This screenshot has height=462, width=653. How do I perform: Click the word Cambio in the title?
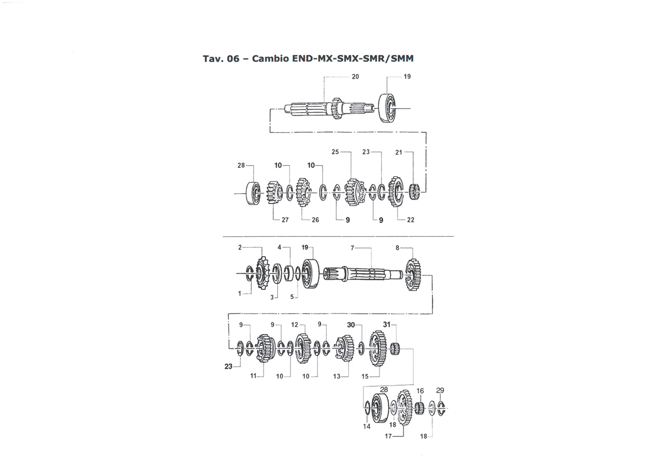(270, 58)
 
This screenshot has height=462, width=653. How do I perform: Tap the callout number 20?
(355, 77)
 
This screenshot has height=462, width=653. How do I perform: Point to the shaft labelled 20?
(329, 108)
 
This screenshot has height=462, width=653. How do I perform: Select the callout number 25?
(335, 152)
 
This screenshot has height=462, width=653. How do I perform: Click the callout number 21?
(399, 152)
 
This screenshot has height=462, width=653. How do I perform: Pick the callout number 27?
(285, 220)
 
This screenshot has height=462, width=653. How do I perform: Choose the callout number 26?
(315, 220)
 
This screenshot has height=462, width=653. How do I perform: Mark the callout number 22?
(410, 220)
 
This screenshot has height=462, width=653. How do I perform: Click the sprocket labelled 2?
(262, 273)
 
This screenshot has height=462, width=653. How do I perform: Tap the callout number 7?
(352, 248)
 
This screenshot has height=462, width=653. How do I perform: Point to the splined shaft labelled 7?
(363, 274)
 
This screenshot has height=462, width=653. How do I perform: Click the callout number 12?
(295, 325)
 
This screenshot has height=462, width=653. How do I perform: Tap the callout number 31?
(387, 324)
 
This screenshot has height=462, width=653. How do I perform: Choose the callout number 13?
(337, 376)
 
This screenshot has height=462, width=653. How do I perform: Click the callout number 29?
(440, 390)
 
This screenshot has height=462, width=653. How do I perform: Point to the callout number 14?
(367, 426)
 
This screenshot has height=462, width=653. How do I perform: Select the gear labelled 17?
(405, 408)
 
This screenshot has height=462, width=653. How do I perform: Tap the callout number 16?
(420, 391)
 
